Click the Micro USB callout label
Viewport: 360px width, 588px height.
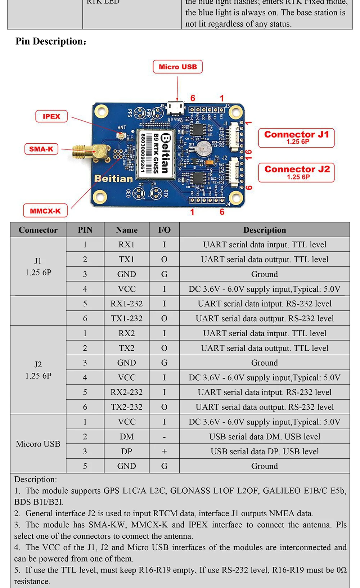(177, 67)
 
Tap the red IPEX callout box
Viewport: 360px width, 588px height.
(51, 116)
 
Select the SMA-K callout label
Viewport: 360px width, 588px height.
(41, 149)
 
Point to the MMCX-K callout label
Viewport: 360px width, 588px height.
(45, 211)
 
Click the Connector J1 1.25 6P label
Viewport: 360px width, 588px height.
(296, 138)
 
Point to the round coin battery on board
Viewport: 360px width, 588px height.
(204, 147)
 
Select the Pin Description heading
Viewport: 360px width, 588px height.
(51, 41)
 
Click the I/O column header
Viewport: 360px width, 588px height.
(164, 230)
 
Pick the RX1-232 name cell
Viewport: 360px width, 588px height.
(126, 304)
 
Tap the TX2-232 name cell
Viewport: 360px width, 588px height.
(126, 407)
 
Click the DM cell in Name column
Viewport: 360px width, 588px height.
(126, 437)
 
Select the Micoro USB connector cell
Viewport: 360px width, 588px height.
(38, 444)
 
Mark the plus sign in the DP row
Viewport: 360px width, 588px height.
(164, 452)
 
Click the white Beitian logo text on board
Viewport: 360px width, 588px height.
(113, 179)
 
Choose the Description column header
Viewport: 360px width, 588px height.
(264, 230)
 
